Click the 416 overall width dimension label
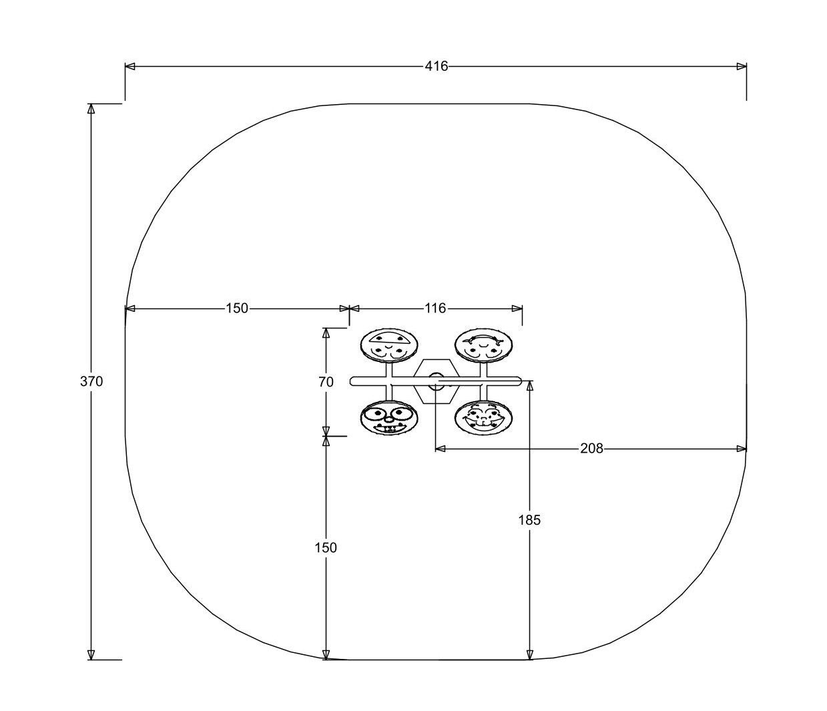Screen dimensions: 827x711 click(436, 66)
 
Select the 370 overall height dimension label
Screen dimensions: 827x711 click(91, 381)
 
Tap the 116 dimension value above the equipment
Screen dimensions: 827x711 click(435, 308)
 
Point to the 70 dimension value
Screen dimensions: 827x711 click(326, 382)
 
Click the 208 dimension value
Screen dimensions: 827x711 click(591, 449)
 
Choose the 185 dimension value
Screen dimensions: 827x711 click(529, 520)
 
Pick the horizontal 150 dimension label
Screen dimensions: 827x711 click(237, 308)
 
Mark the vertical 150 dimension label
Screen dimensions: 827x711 click(326, 547)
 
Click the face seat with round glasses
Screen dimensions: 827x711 click(389, 419)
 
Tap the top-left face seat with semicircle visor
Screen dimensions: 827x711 click(389, 345)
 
